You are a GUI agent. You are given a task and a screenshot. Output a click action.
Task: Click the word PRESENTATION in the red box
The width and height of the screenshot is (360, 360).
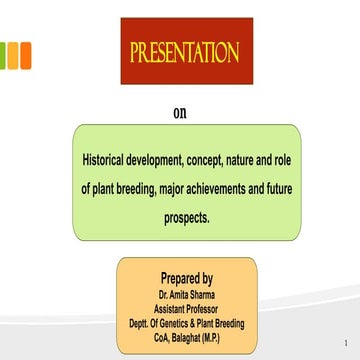(x=183, y=53)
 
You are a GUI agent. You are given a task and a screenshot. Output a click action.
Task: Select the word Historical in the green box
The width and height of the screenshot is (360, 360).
(x=110, y=160)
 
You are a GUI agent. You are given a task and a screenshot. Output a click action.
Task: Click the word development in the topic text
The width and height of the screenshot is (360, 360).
(x=173, y=160)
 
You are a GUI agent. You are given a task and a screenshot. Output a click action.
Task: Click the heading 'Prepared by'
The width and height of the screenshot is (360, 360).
(x=186, y=278)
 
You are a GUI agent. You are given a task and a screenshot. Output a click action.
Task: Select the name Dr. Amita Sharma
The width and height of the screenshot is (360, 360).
(x=186, y=296)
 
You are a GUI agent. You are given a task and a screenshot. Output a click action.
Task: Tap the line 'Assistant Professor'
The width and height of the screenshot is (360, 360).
(x=186, y=310)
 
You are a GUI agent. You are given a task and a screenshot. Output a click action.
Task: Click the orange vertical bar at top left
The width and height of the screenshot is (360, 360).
(x=25, y=54)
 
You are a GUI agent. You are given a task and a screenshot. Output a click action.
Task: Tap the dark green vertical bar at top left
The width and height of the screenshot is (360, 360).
(x=3, y=54)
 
